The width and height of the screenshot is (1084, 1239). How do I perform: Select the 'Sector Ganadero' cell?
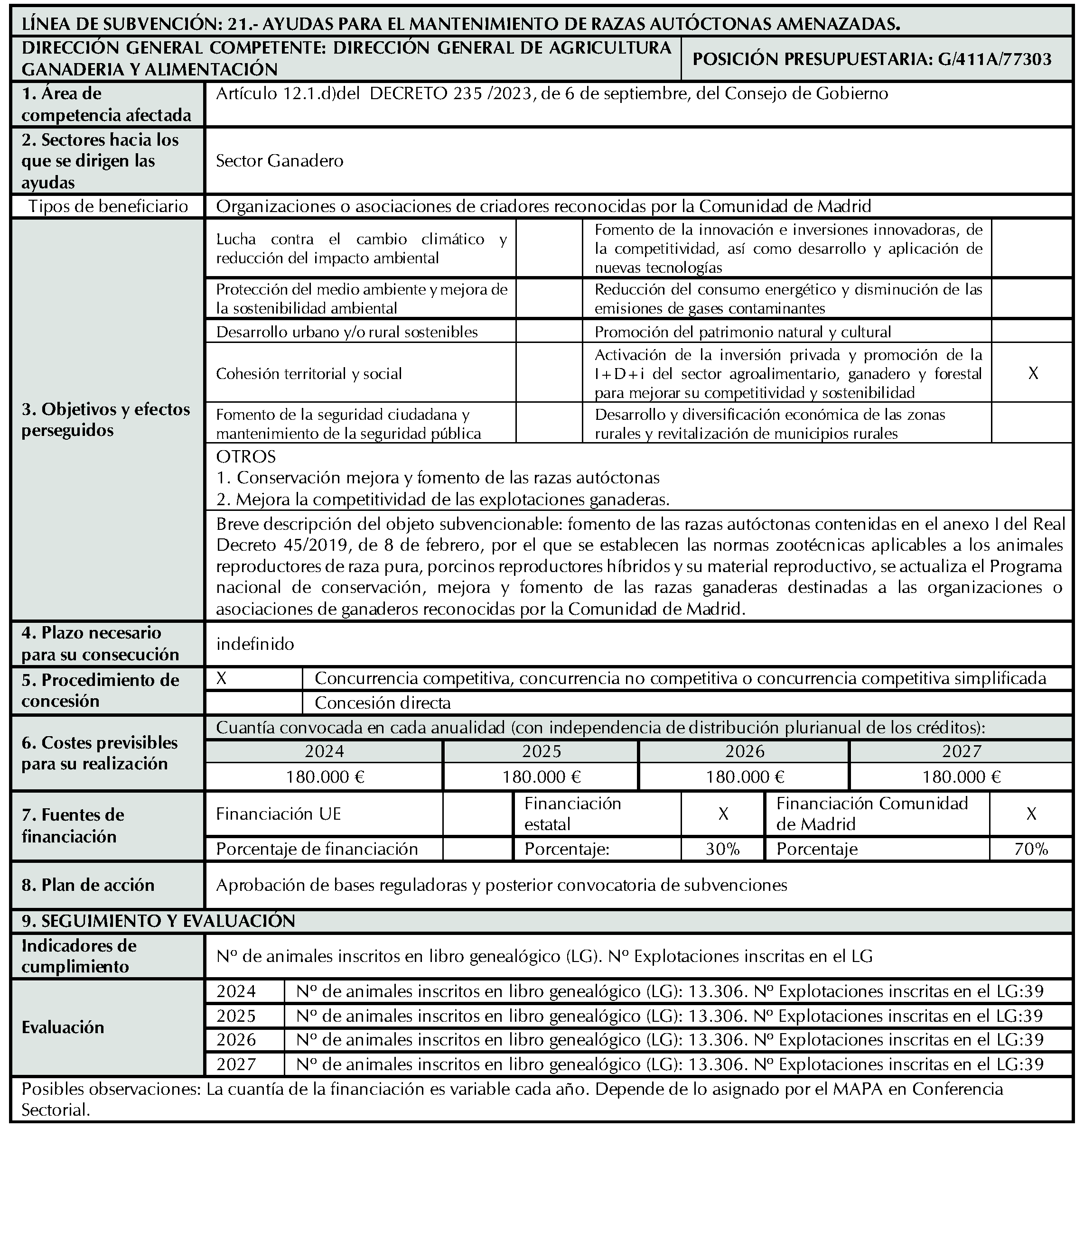point(280,161)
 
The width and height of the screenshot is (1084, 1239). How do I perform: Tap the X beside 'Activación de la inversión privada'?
point(1033,374)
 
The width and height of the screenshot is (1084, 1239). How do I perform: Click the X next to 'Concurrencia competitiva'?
point(221,678)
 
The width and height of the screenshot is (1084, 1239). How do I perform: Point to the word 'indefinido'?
point(255,644)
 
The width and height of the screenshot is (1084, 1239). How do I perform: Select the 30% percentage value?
point(723,849)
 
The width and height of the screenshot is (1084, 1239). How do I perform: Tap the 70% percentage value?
point(1031,849)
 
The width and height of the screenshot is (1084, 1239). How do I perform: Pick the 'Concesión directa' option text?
point(383,703)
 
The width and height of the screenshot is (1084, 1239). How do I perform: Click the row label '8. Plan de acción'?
point(88,885)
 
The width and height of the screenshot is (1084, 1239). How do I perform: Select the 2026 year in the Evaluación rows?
point(236,1040)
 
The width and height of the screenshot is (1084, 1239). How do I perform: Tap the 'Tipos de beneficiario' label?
point(108,207)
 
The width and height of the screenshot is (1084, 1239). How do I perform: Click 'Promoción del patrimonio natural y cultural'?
point(742,332)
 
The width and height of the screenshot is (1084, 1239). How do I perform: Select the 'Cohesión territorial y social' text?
point(308,374)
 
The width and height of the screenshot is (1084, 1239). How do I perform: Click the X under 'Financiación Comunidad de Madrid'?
point(1031,814)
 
